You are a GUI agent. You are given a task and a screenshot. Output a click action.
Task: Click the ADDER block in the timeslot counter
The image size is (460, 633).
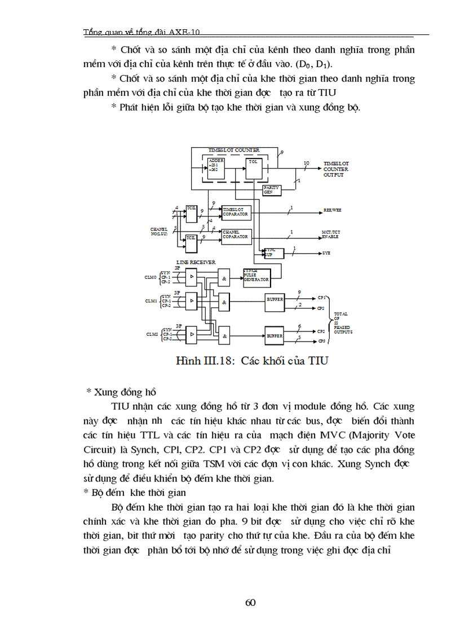point(216,167)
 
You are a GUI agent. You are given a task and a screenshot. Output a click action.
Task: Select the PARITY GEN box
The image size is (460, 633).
point(272,190)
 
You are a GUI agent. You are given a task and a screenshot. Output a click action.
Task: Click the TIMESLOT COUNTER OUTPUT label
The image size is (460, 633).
point(336,169)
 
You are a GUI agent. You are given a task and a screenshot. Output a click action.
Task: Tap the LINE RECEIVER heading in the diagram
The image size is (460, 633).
point(193,263)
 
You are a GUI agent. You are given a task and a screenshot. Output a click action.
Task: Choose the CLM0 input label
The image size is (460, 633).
point(153,277)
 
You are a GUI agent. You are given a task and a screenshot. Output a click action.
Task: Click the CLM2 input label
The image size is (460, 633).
point(153,335)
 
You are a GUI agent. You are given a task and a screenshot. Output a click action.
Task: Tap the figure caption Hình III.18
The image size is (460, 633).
point(244,361)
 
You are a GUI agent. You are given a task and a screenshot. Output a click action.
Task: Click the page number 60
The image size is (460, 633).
point(251,603)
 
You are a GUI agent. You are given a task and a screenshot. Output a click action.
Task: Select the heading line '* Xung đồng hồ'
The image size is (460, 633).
point(121,391)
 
